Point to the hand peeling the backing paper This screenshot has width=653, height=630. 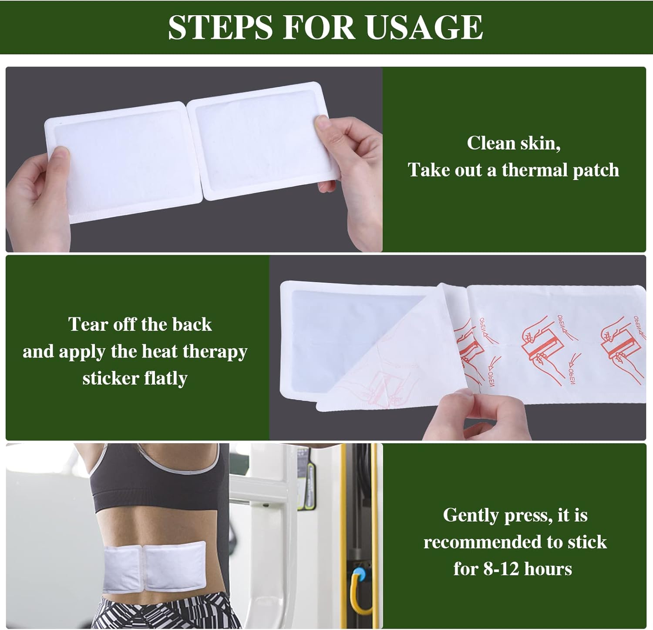[475, 413]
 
